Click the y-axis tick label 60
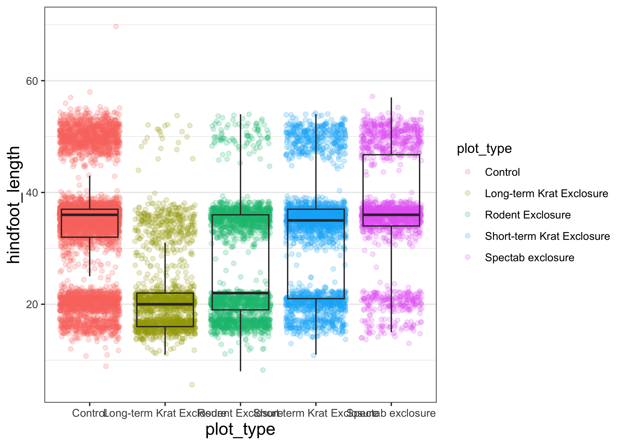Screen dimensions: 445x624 pyautogui.click(x=32, y=81)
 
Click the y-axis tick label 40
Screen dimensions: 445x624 pyautogui.click(x=32, y=193)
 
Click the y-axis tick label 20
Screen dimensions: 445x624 pyautogui.click(x=32, y=304)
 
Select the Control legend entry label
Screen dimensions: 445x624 pyautogui.click(x=502, y=172)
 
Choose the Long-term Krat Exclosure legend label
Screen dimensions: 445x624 pyautogui.click(x=546, y=193)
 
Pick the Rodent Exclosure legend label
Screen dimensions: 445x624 pyautogui.click(x=528, y=215)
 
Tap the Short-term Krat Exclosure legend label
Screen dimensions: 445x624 pyautogui.click(x=547, y=236)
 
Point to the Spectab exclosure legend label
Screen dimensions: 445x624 pyautogui.click(x=529, y=258)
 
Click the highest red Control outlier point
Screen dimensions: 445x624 pyautogui.click(x=116, y=26)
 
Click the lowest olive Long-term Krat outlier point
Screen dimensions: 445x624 pyautogui.click(x=192, y=384)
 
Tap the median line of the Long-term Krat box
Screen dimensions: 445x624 pyautogui.click(x=165, y=304)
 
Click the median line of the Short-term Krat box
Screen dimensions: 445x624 pyautogui.click(x=316, y=220)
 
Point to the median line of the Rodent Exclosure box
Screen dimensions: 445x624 pyautogui.click(x=240, y=293)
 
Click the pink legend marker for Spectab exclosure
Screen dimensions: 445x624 pyautogui.click(x=468, y=257)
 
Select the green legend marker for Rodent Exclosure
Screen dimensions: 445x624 pyautogui.click(x=468, y=214)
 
